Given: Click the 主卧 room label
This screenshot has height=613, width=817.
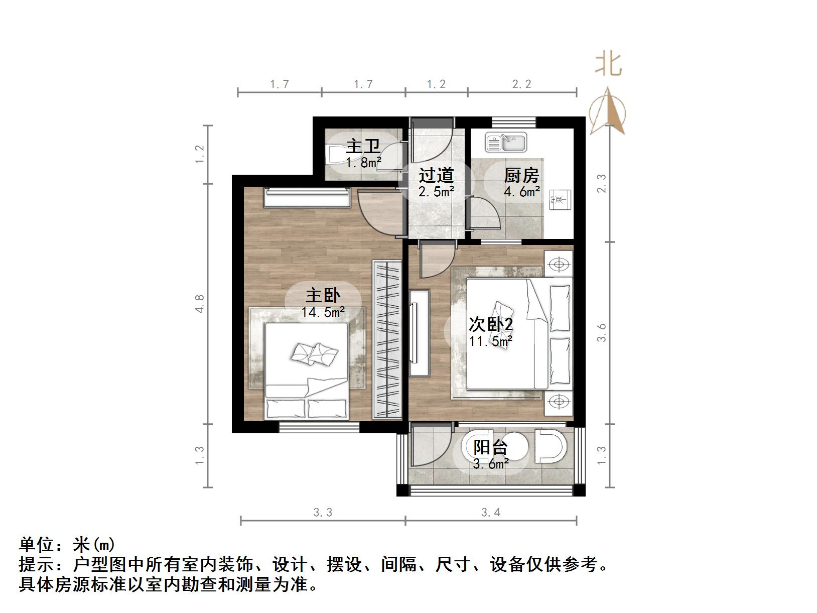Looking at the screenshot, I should tap(323, 295).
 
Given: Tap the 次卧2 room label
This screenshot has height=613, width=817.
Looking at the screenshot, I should tap(491, 325).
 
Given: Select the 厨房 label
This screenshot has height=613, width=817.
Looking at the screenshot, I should tap(521, 176).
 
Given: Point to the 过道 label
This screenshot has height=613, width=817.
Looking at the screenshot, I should tap(436, 176).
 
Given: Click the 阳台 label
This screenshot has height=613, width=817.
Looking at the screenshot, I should tap(491, 447).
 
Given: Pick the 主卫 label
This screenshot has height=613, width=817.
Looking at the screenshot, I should tap(363, 147).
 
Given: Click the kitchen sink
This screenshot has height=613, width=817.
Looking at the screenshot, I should tap(505, 142).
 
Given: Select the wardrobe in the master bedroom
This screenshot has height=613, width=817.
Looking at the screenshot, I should tap(386, 339).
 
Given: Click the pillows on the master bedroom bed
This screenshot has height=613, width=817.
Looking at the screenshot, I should tap(314, 354).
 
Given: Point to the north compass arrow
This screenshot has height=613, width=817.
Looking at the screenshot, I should tap(608, 111).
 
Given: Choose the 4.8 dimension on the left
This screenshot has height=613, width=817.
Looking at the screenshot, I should tap(200, 304).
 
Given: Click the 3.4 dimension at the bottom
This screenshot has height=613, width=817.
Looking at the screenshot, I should tap(490, 513).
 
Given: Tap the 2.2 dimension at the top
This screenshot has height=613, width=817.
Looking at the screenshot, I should tap(521, 84).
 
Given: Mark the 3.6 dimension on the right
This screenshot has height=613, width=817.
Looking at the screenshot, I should tap(602, 332).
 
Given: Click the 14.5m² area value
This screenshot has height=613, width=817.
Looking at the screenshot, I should tap(323, 312).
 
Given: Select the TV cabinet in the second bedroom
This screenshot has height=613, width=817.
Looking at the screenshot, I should tap(419, 332).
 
